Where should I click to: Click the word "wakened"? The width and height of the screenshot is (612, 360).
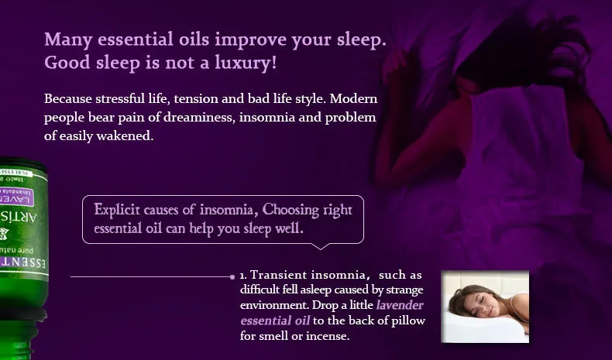coord(129,136)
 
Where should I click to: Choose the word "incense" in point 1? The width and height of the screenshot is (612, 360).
coord(328,336)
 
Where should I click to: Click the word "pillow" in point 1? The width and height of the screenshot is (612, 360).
coord(407,321)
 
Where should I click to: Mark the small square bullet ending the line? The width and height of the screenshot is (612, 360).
coord(232,276)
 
